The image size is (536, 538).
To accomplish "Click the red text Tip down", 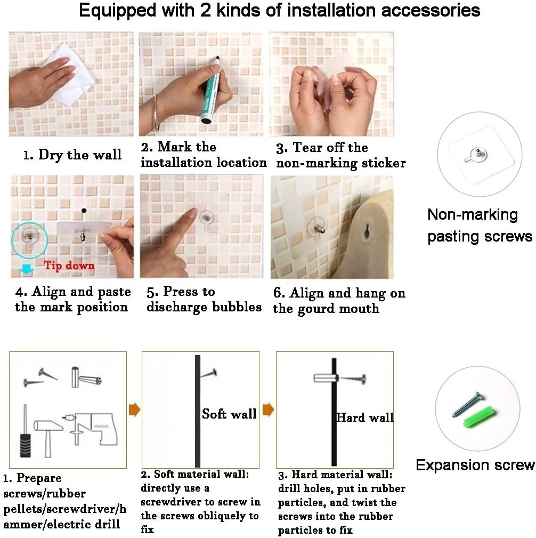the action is coord(69,265).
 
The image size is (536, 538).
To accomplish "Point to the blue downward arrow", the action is coord(27,269).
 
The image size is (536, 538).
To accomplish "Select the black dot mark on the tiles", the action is coord(84,210).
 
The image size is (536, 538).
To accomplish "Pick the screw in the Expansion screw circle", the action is coord(467,404).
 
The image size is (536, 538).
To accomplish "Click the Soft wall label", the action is coord(229,414).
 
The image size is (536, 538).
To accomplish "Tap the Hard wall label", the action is coord(365,417).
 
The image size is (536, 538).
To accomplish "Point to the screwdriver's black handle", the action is coord(26,445).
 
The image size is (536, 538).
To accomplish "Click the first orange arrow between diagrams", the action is coord(134,409).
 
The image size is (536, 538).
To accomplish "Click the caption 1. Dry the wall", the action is coord(72,155).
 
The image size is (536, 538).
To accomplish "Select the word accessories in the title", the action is coord(431,10).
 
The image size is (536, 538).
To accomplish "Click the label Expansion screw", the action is coord(475,465).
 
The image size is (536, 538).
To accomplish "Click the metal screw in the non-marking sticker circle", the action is coord(476,154).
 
